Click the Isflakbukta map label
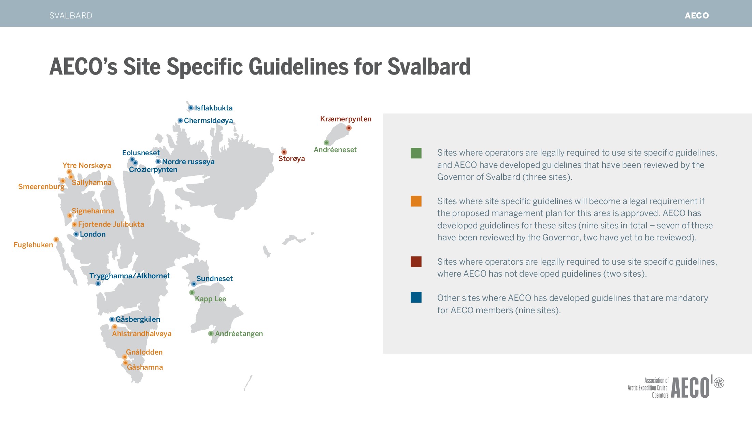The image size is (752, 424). (214, 108)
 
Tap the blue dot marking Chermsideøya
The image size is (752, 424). (180, 120)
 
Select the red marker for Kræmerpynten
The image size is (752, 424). (349, 128)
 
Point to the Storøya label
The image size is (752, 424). (292, 159)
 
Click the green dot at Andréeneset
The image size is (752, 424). (326, 143)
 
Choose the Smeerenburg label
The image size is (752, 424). (41, 187)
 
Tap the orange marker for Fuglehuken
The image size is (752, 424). (56, 239)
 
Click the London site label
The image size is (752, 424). (93, 234)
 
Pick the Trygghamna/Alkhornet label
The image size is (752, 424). (130, 276)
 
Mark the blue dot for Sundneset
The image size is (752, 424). (194, 284)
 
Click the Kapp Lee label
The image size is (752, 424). (210, 299)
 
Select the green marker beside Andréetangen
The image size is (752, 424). (211, 333)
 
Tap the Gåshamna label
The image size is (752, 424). (145, 367)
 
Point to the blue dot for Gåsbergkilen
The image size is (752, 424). (112, 319)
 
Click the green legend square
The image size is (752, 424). (416, 153)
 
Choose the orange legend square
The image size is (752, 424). (416, 201)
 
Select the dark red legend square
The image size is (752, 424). (416, 262)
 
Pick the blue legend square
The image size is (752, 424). (416, 297)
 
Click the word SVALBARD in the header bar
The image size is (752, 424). (71, 16)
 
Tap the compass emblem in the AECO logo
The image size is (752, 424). (719, 383)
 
